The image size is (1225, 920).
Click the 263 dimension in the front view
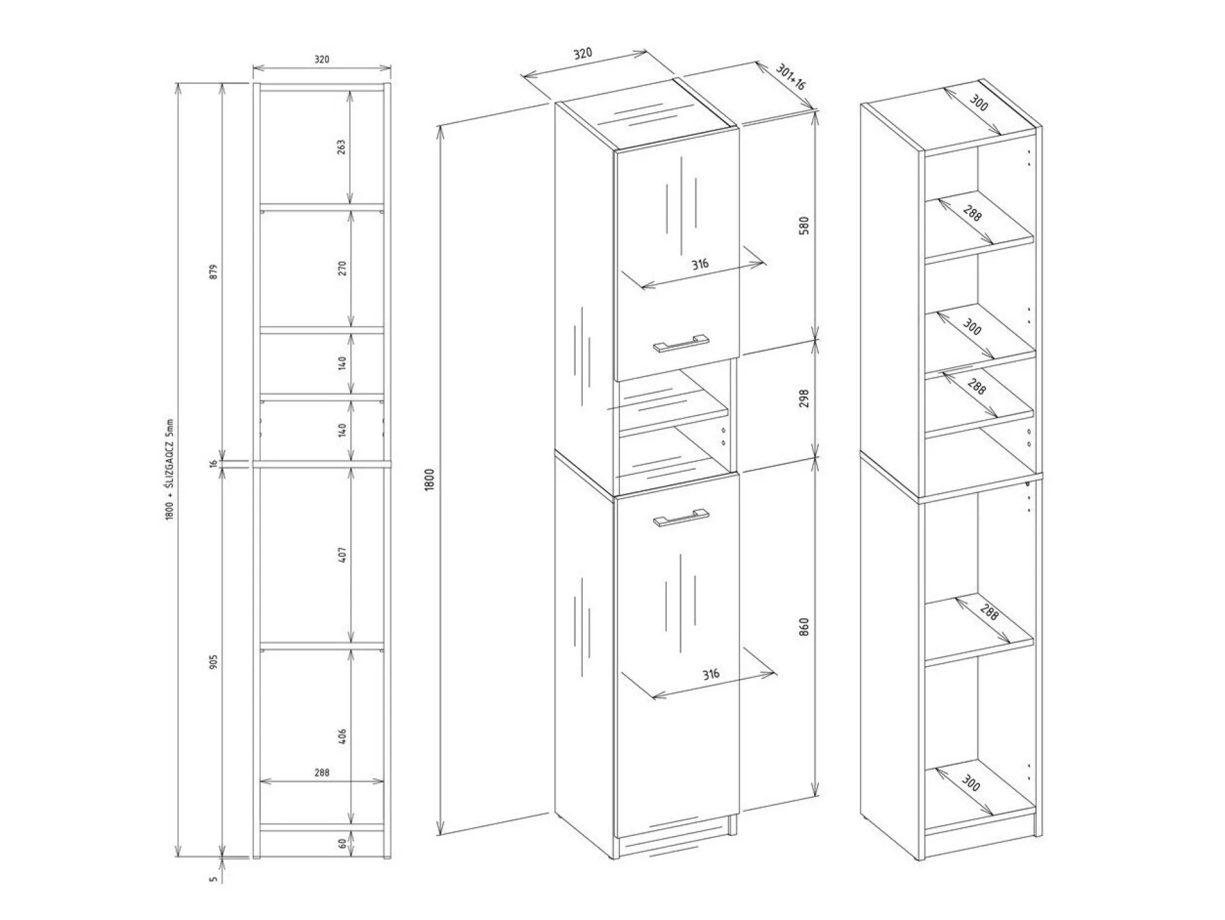342,147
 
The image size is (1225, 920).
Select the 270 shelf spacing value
342,268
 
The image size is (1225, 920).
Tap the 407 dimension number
343,555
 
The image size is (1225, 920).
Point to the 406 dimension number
343,736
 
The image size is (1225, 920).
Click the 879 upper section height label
213,272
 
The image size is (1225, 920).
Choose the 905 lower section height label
213,661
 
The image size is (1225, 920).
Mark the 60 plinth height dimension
342,844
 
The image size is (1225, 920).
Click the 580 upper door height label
804,225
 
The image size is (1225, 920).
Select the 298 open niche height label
804,397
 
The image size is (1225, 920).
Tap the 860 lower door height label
804,626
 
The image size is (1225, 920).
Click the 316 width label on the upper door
699,264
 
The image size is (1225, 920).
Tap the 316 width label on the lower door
711,674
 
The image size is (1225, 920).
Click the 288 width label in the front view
321,772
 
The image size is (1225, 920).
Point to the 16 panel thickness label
213,463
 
